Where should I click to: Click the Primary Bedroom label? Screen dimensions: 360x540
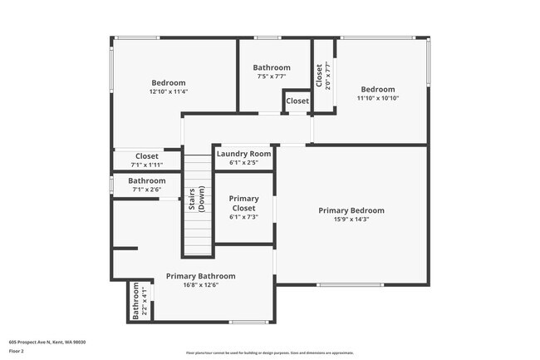pyautogui.click(x=351, y=210)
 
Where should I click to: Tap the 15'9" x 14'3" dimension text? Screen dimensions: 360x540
pyautogui.click(x=351, y=220)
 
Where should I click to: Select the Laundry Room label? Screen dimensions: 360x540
pyautogui.click(x=243, y=154)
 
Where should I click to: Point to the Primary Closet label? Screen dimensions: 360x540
pyautogui.click(x=243, y=204)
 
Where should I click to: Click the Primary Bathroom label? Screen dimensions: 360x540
pyautogui.click(x=200, y=276)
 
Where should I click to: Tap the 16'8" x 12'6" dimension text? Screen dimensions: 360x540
pyautogui.click(x=200, y=285)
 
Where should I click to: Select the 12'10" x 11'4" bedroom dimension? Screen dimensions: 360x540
pyautogui.click(x=169, y=91)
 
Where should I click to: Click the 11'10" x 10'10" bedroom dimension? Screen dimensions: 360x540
pyautogui.click(x=377, y=98)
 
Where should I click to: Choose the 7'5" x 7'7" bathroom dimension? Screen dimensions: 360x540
pyautogui.click(x=272, y=76)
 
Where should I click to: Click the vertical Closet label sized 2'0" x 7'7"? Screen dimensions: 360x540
pyautogui.click(x=319, y=76)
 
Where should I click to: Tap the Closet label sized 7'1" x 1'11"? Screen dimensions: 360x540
pyautogui.click(x=147, y=155)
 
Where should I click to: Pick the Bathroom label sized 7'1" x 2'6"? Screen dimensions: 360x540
pyautogui.click(x=147, y=180)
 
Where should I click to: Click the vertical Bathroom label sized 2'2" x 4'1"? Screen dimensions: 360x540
pyautogui.click(x=136, y=302)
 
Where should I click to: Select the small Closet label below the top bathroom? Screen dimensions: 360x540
pyautogui.click(x=297, y=101)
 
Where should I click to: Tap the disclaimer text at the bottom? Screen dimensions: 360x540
pyautogui.click(x=269, y=353)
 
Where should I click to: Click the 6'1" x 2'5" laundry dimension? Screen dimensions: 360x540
pyautogui.click(x=243, y=162)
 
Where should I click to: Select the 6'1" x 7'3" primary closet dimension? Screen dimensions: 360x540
pyautogui.click(x=243, y=217)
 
